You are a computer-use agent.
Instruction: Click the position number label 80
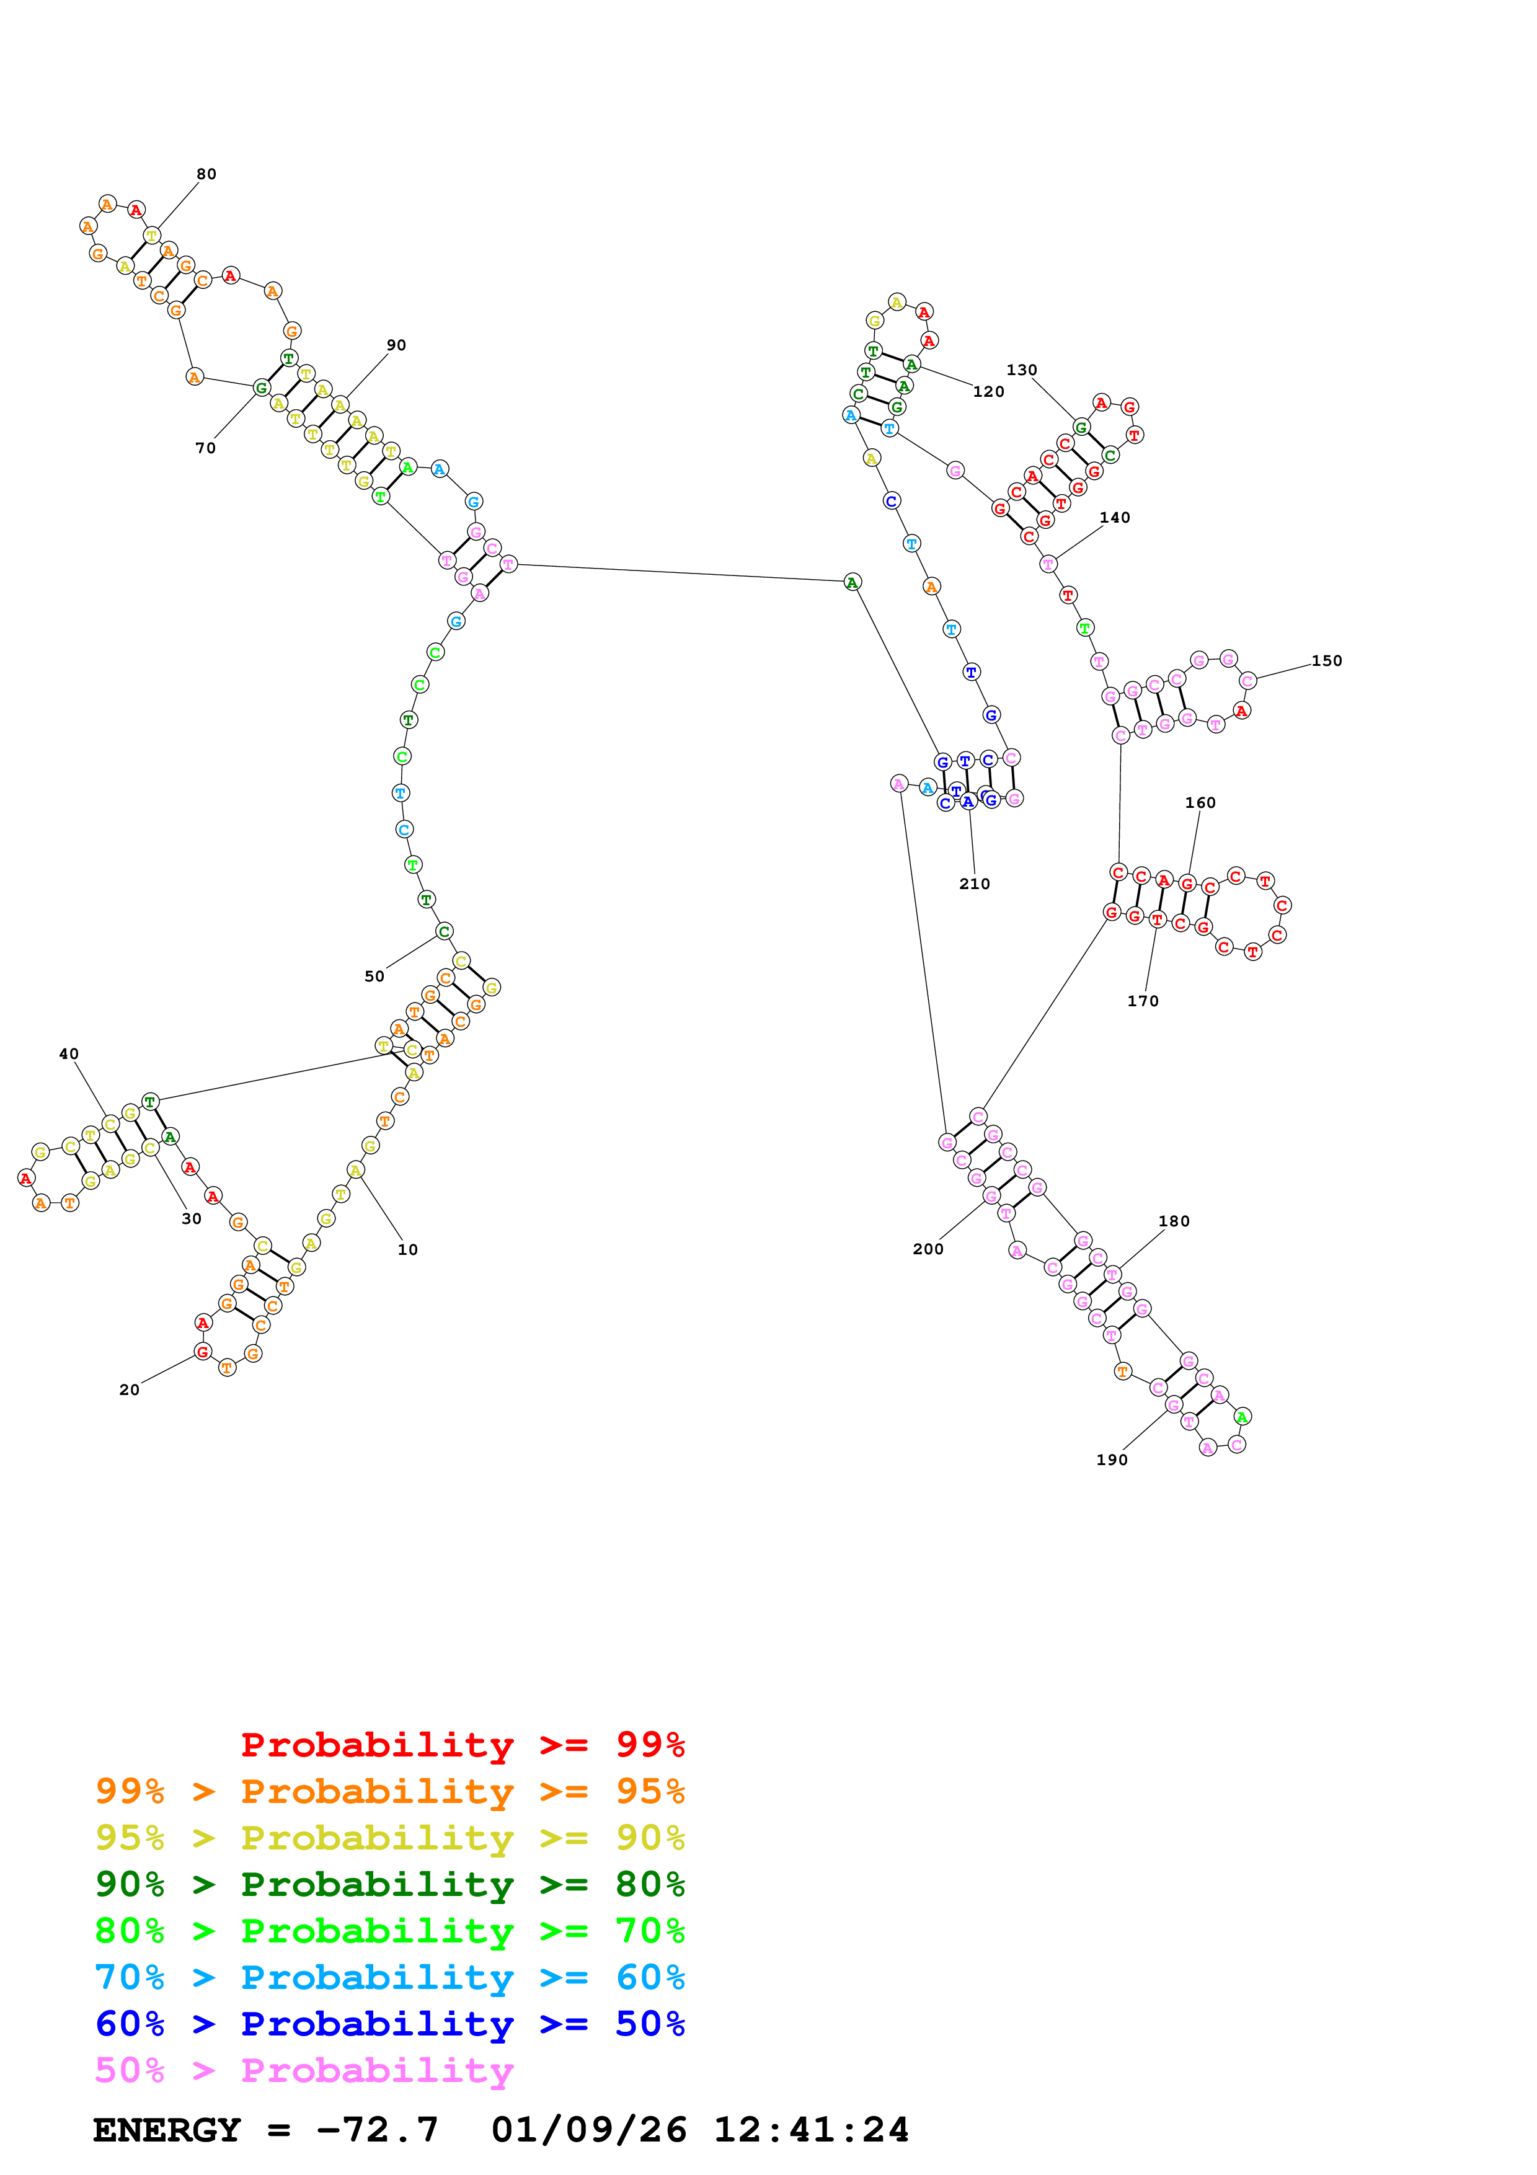(206, 174)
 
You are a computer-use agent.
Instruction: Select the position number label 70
(205, 449)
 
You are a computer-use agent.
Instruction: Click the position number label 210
(975, 885)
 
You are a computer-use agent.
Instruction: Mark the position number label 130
(1022, 370)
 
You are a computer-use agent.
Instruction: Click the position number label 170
(1143, 1001)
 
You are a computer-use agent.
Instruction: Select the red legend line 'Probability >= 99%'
(462, 1745)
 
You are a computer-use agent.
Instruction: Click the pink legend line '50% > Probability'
(304, 2071)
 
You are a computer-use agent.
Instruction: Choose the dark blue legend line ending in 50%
(390, 2024)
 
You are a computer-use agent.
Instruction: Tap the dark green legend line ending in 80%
(390, 1885)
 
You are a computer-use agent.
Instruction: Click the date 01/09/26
(589, 2130)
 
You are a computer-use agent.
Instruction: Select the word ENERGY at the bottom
(167, 2130)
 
